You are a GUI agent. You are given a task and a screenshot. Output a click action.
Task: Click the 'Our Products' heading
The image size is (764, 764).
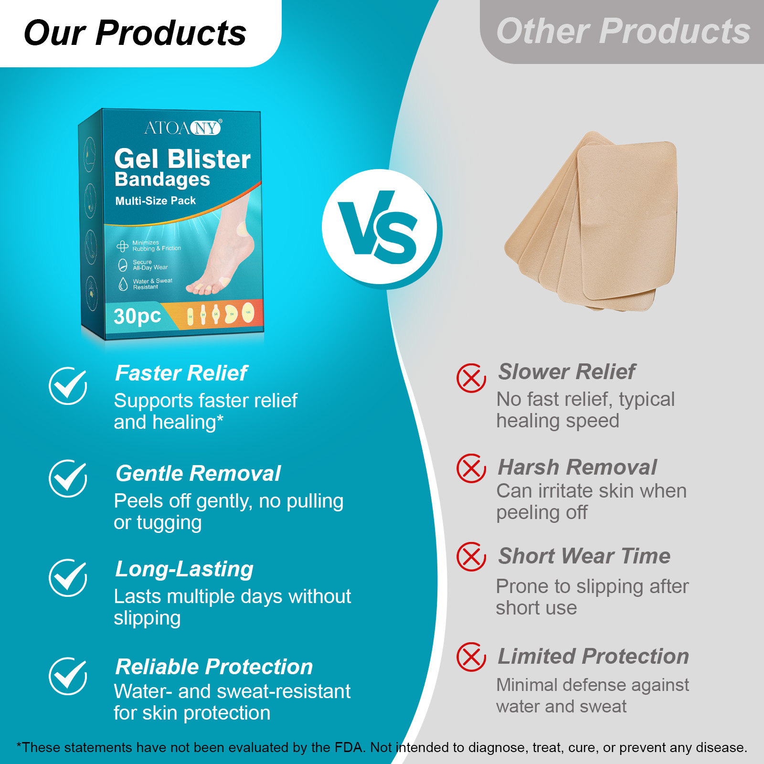pos(135,33)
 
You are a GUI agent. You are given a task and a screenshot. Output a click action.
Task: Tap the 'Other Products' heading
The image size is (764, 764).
pos(623,32)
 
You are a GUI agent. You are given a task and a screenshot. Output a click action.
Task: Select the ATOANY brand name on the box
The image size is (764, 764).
pos(182,128)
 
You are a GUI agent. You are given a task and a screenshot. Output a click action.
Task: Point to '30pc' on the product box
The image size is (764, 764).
pos(137,316)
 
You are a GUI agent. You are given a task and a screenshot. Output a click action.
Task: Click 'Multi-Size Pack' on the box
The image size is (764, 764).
pos(156,201)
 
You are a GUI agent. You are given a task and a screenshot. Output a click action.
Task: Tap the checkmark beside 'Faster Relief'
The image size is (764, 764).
pos(68,386)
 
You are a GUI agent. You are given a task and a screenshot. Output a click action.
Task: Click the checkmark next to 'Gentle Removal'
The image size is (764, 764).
pos(68,478)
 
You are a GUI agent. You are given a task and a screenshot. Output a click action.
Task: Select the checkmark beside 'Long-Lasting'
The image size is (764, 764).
pos(68,578)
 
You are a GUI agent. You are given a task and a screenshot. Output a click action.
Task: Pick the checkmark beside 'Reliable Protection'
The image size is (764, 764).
pos(68,676)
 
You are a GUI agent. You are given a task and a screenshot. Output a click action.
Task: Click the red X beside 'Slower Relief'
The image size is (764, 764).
pos(471,378)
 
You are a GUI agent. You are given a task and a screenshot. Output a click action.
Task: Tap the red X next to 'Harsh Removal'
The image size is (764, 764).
pos(471,468)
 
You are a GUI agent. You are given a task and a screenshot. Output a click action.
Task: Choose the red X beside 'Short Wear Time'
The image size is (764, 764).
pos(471,557)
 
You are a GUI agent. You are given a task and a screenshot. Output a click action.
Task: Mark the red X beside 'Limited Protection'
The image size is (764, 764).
pos(471,657)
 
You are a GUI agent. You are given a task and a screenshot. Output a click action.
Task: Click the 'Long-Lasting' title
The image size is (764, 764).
pos(184,569)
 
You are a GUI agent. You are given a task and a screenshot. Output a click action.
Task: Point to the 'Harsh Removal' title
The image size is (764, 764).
pos(577,467)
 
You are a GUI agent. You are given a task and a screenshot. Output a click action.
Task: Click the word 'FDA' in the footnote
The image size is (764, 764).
pos(348,747)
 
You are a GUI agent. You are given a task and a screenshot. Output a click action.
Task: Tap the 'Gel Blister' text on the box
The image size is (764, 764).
pos(182,159)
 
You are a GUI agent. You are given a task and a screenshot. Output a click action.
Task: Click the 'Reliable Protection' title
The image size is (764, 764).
pos(214,667)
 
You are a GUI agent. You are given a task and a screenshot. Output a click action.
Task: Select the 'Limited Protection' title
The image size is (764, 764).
pos(593,657)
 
